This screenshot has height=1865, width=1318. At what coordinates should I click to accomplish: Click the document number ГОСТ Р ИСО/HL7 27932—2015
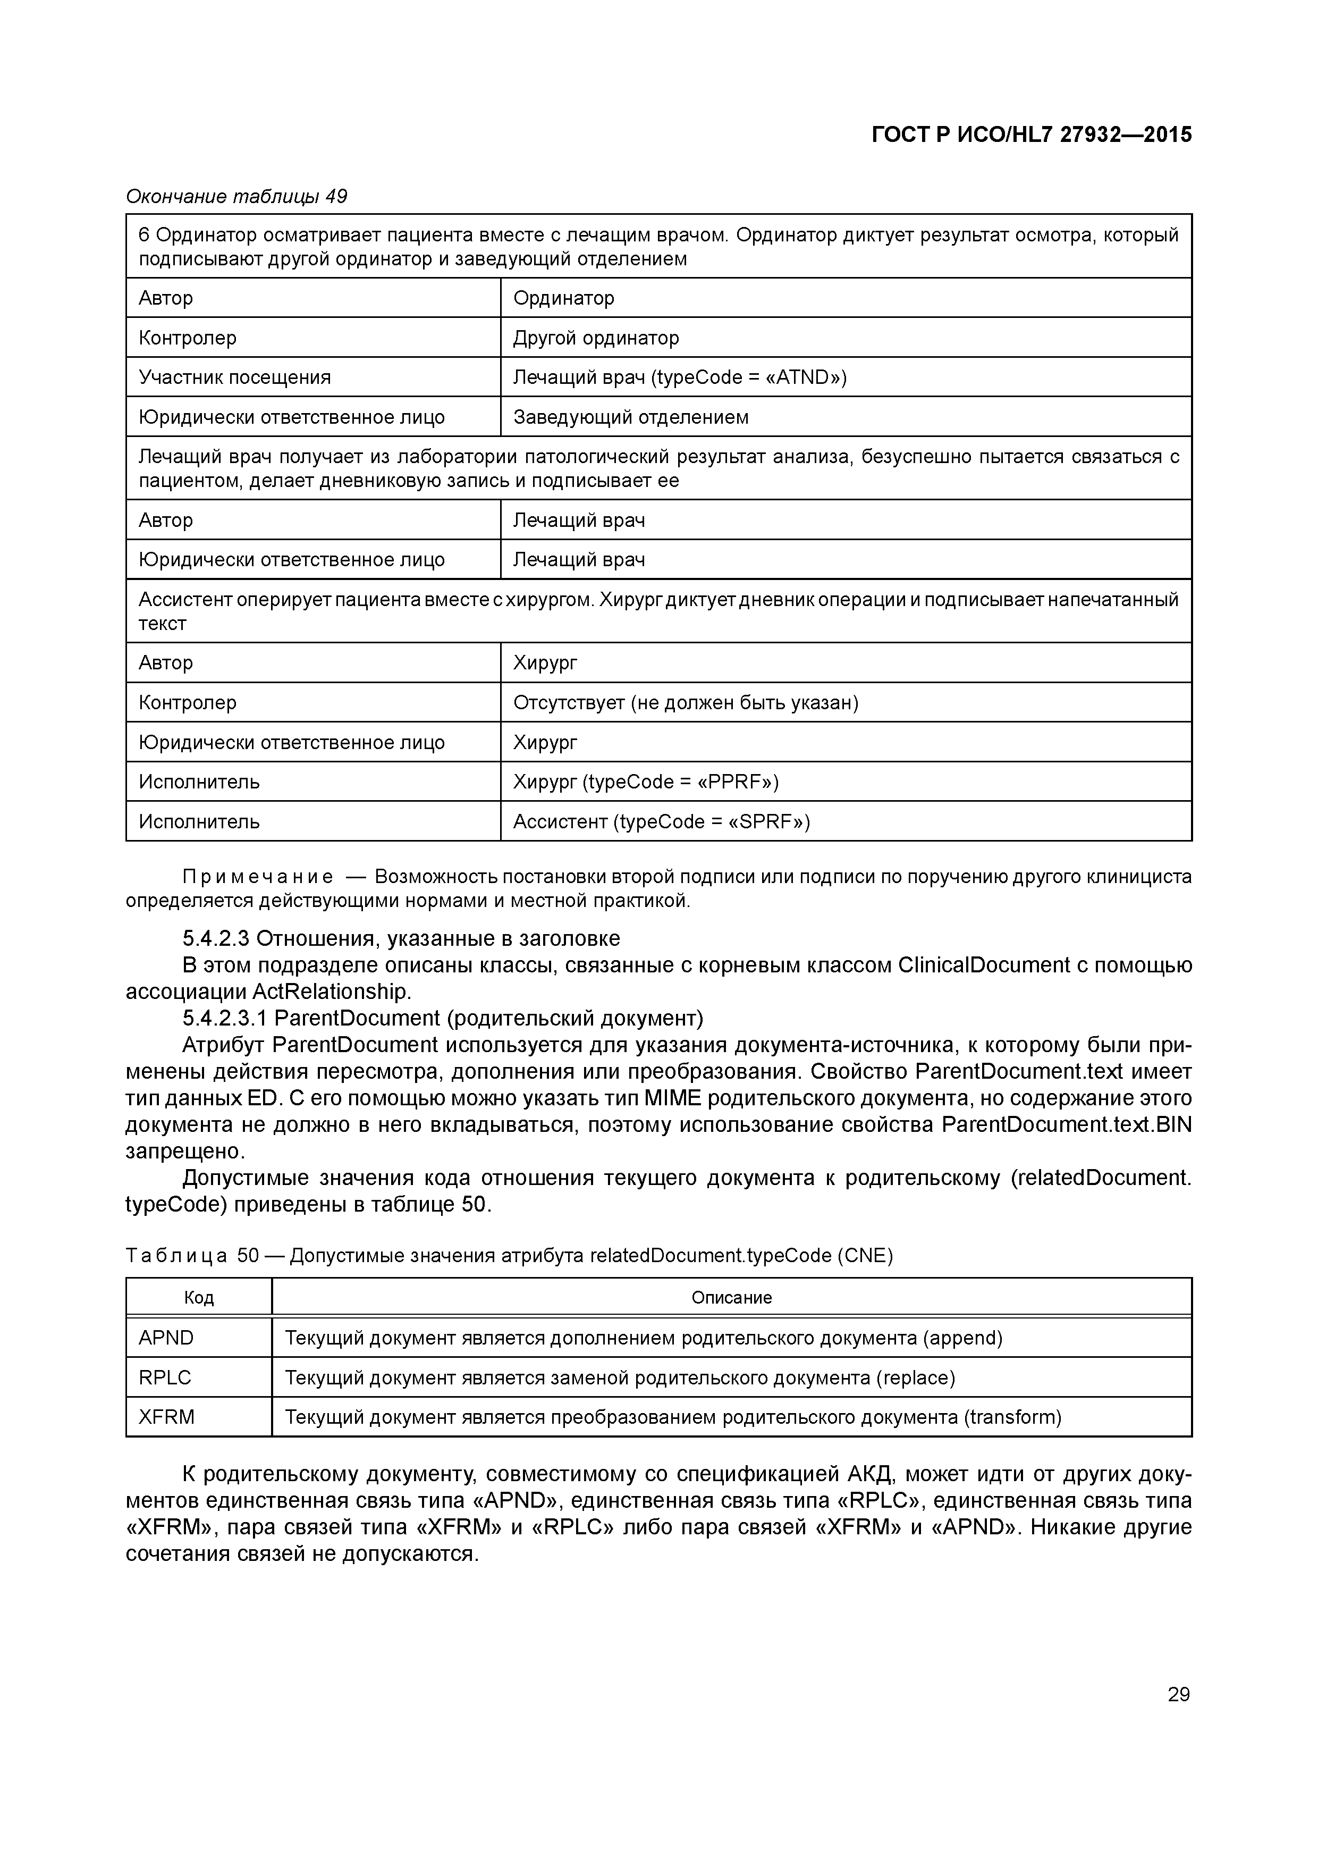tap(1032, 135)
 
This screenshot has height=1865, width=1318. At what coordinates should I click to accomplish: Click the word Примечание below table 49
tap(257, 877)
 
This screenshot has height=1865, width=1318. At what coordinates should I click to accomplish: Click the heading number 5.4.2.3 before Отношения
tap(216, 939)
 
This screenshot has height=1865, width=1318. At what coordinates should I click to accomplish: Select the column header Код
tap(199, 1298)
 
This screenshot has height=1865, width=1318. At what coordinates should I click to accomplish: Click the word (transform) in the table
tap(1012, 1417)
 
